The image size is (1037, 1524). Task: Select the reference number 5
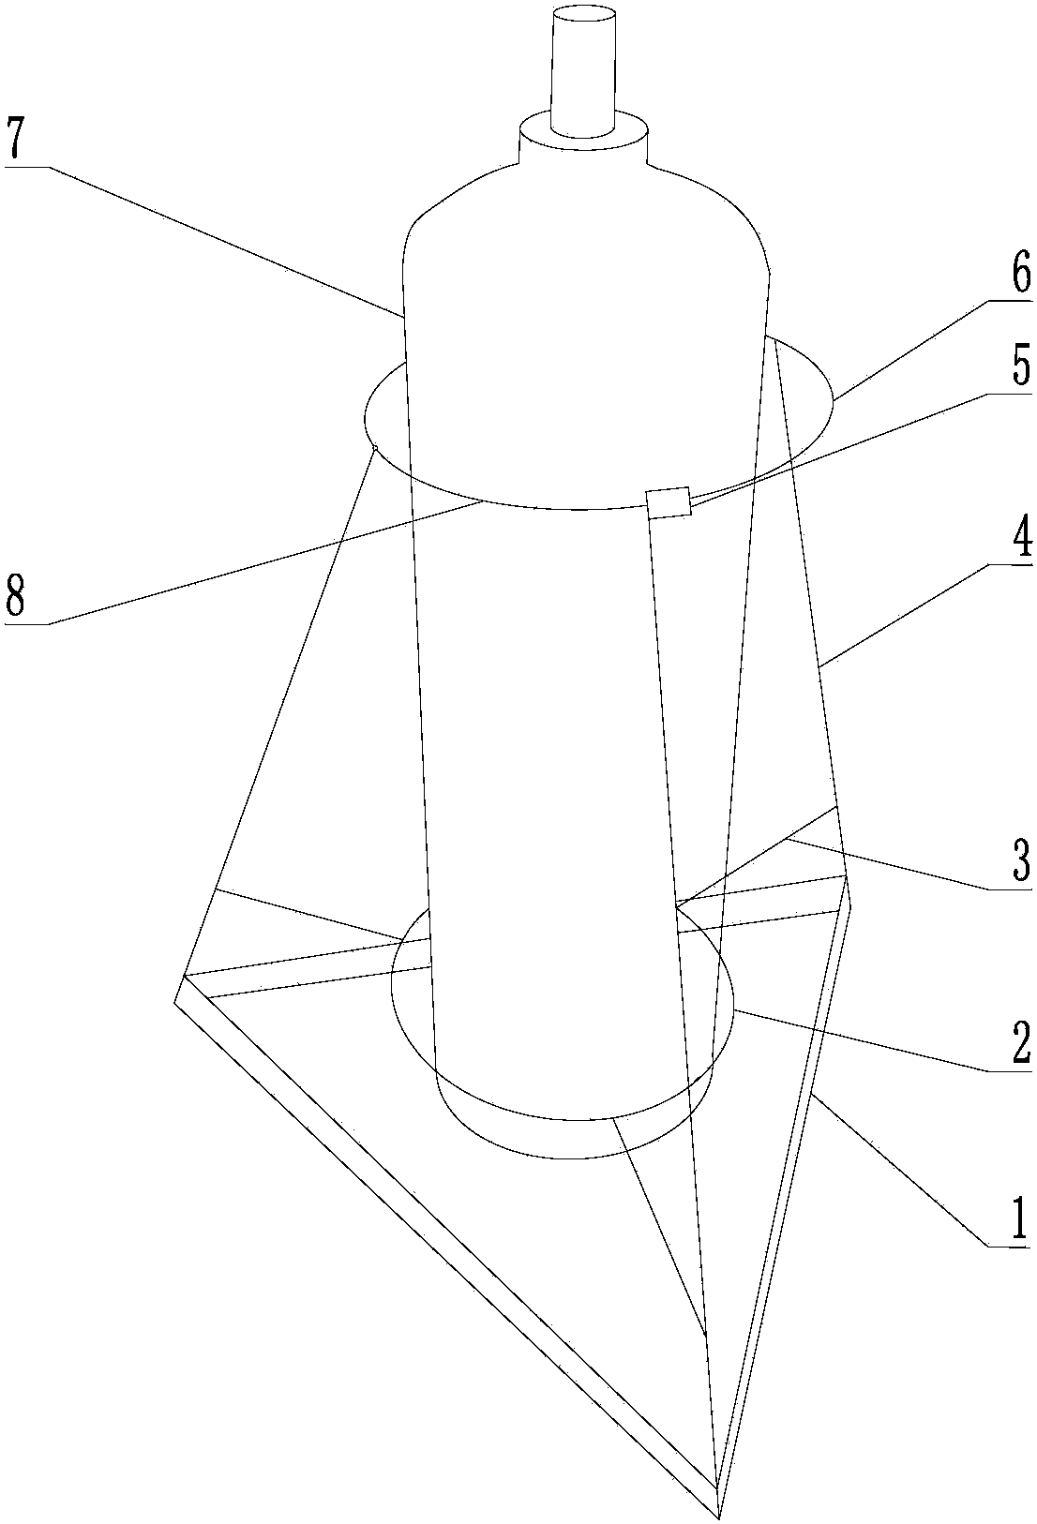(1018, 368)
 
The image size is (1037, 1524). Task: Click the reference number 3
(1018, 859)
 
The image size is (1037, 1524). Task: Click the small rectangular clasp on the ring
(669, 502)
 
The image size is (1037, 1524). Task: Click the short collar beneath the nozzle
(584, 141)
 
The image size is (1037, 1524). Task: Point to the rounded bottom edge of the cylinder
(574, 1118)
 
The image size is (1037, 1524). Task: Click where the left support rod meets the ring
(373, 448)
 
